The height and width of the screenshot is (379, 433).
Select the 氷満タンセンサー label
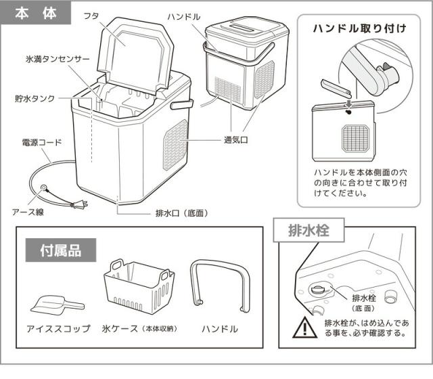point(57,59)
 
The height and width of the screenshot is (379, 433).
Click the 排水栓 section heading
point(308,230)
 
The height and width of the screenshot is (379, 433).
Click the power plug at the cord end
point(79,204)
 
